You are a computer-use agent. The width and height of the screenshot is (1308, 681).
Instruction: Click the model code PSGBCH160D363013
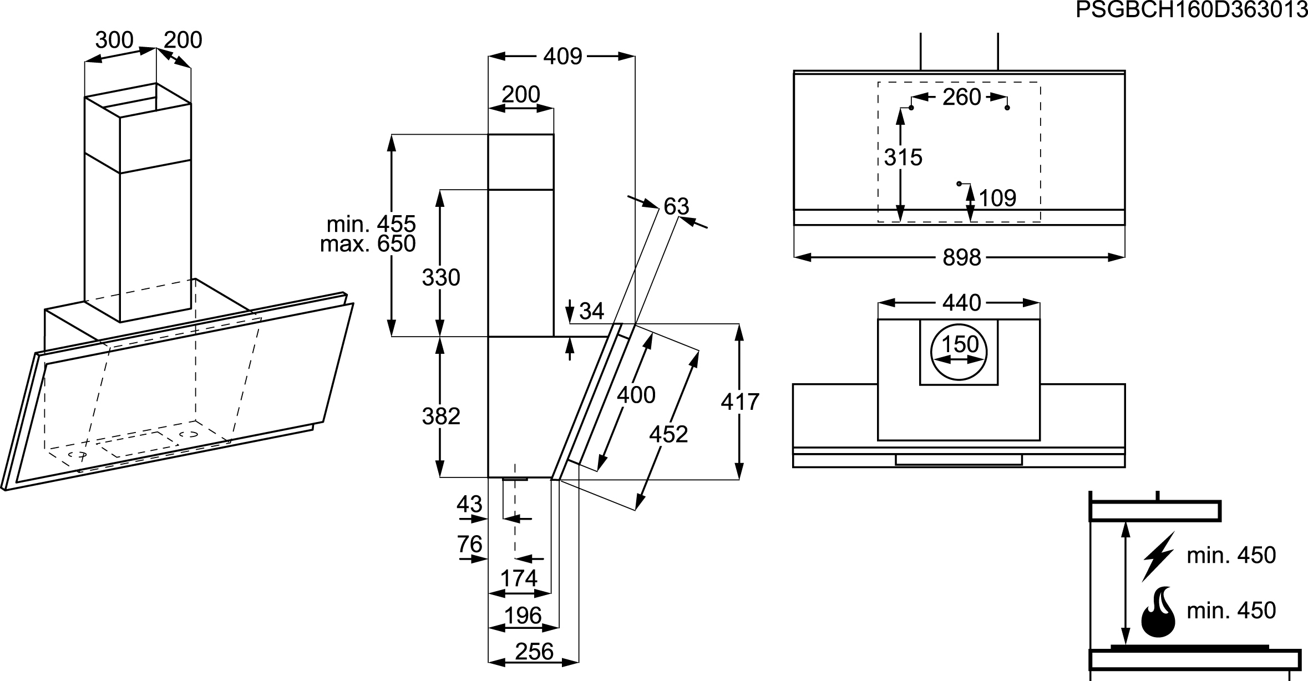click(x=1192, y=10)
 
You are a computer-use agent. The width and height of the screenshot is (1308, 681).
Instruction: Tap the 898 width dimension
click(x=962, y=257)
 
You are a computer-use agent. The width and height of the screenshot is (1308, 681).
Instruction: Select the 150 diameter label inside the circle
click(x=960, y=344)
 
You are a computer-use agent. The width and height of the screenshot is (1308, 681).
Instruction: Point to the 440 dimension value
click(x=962, y=303)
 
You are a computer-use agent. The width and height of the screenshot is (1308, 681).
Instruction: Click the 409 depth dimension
click(x=562, y=56)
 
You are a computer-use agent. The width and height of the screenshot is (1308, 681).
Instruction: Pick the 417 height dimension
click(x=740, y=402)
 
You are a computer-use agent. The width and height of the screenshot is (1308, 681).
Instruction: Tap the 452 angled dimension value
click(x=668, y=434)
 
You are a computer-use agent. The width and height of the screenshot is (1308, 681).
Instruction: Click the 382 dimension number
click(x=441, y=416)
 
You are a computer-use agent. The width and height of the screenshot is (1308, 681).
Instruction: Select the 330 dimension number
click(x=441, y=277)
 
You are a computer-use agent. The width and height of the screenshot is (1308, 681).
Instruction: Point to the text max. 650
click(x=368, y=243)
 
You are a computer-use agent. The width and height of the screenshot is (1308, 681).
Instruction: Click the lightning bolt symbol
click(x=1158, y=556)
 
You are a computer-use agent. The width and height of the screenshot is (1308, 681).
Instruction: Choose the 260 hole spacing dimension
click(x=962, y=97)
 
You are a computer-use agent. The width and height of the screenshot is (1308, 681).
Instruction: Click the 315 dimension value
click(x=903, y=157)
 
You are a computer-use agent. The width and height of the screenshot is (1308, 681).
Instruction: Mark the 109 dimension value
click(x=997, y=198)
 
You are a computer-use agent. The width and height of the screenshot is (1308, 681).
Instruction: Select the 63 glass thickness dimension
click(x=676, y=207)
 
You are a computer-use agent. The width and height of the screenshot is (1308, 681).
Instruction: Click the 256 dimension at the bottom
click(x=534, y=652)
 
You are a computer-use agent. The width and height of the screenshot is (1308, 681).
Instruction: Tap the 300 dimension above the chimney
click(x=114, y=40)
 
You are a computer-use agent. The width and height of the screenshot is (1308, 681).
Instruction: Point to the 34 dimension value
click(x=591, y=311)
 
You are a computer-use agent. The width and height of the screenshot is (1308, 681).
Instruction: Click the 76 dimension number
click(x=469, y=544)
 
